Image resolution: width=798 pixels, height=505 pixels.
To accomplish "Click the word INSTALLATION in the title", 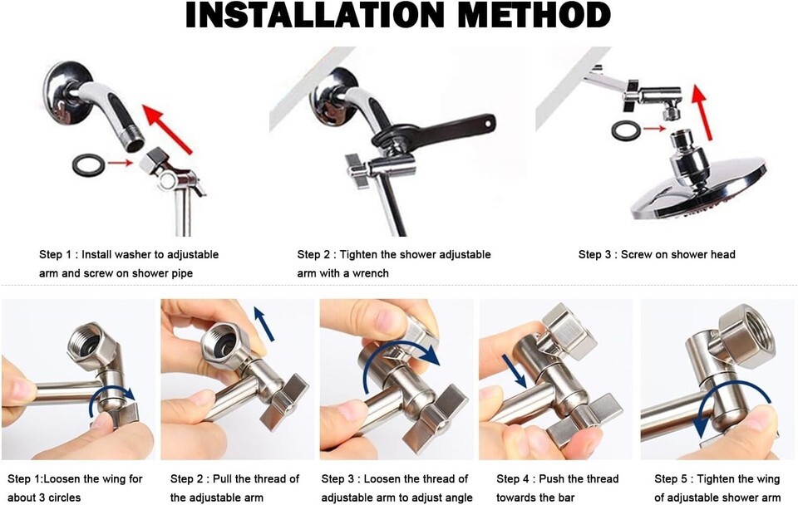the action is point(315,15).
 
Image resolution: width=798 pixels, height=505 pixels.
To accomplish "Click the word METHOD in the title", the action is point(534,15).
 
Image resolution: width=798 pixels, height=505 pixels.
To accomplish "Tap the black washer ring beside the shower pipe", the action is point(89,164).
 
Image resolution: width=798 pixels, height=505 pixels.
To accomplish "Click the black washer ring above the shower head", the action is point(627,130).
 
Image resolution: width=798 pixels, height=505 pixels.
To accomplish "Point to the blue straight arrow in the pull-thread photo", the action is point(264,323).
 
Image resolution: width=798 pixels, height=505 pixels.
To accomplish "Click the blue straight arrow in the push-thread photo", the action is point(514,370).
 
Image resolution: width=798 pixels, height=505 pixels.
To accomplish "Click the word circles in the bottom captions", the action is point(62,498).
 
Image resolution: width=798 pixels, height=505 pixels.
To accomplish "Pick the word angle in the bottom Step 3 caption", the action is point(458,498).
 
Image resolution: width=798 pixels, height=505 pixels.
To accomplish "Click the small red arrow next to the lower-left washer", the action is point(120,163).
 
